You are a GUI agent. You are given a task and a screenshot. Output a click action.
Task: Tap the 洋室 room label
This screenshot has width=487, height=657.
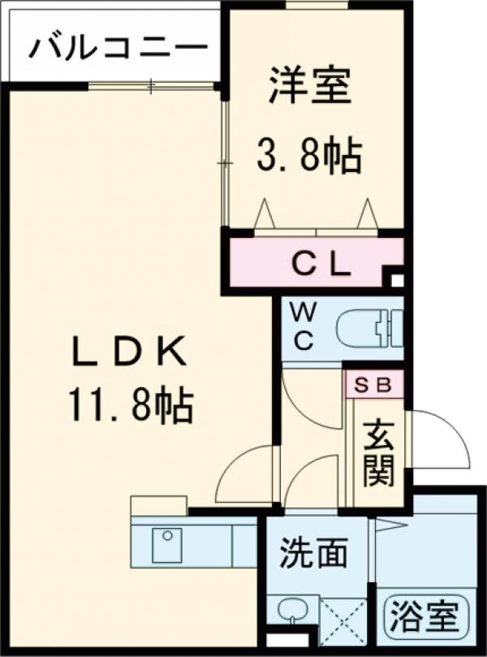[311, 87]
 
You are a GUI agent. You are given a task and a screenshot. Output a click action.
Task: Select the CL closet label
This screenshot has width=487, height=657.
[321, 262]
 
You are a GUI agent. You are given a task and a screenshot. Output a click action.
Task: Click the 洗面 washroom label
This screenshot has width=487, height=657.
[314, 553]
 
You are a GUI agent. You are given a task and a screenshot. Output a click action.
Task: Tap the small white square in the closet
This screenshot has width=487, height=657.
[396, 281]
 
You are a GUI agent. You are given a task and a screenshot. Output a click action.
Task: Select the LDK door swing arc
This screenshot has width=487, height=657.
[243, 471]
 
